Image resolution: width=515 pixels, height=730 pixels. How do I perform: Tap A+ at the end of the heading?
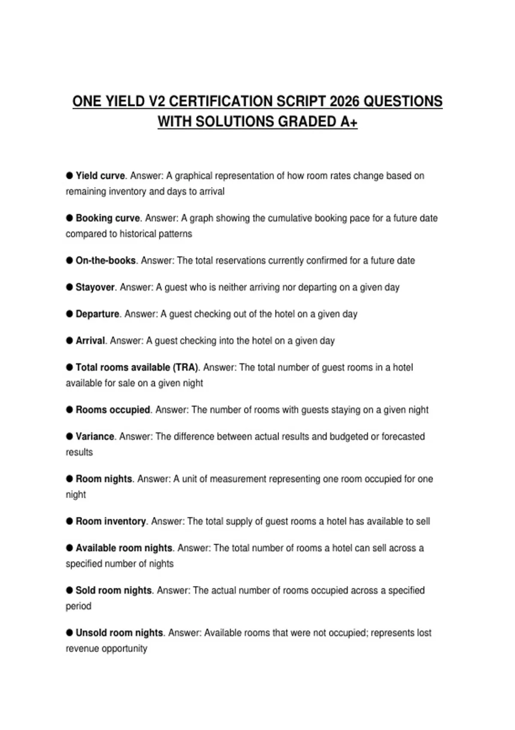coord(348,122)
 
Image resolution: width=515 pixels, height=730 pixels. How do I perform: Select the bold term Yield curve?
coord(100,176)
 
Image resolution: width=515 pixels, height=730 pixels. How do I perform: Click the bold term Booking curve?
coord(108,218)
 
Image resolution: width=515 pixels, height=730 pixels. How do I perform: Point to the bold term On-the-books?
coord(106,261)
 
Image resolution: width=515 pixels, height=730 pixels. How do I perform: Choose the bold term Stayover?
coord(95,287)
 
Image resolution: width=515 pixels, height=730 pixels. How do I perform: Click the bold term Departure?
coord(97,314)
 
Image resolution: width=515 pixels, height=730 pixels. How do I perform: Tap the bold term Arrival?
coord(90,341)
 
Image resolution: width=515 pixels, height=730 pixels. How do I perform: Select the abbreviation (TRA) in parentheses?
coord(186,368)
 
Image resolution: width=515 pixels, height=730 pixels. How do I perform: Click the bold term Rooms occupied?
coord(113,410)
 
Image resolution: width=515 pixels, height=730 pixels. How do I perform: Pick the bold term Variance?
coord(95,436)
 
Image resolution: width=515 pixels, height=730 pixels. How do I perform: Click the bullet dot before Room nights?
coord(70,478)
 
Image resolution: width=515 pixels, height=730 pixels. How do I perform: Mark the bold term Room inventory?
coord(111,521)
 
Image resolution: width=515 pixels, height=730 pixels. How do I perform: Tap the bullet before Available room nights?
coord(70,547)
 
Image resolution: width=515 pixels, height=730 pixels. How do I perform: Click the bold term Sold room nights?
coord(114,590)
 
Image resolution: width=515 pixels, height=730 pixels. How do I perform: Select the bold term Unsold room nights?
coord(119,633)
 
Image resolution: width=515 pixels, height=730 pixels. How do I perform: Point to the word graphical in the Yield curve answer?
coord(194,176)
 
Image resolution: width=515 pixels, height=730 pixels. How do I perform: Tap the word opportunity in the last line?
coord(124,648)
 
